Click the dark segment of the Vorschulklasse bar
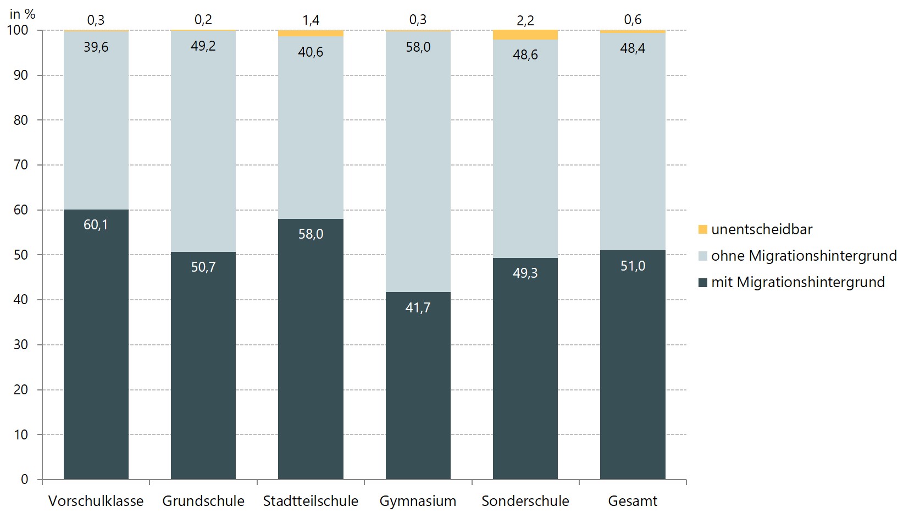tap(96, 352)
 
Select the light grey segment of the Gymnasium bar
tap(418, 165)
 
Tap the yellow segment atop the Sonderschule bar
tap(525, 35)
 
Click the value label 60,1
tap(96, 224)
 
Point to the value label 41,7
tap(418, 307)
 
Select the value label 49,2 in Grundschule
tap(203, 46)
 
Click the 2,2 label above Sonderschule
tap(525, 20)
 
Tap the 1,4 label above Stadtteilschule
tap(311, 20)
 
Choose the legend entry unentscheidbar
tap(761, 229)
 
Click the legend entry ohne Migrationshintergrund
tap(803, 256)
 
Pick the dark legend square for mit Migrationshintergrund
tap(702, 283)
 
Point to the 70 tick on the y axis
tap(21, 164)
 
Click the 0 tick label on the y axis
tap(24, 479)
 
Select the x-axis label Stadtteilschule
tap(311, 501)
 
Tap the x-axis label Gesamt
tap(633, 501)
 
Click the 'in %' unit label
tap(22, 14)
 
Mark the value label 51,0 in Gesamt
tap(633, 266)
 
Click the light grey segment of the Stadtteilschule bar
tap(311, 137)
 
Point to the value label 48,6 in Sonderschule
tap(525, 54)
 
